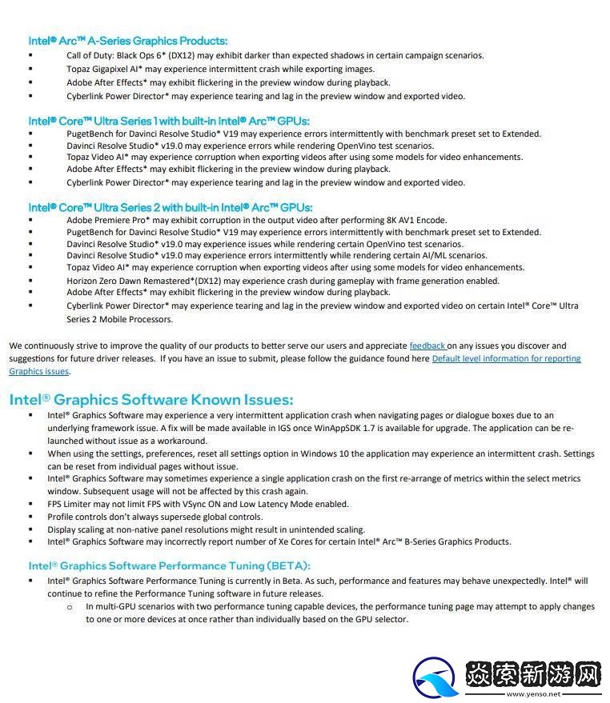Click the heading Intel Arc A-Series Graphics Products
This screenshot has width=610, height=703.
(x=128, y=41)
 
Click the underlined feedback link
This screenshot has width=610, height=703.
(x=427, y=346)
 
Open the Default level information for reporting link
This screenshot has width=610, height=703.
(x=506, y=359)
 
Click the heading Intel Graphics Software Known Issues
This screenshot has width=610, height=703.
(x=151, y=399)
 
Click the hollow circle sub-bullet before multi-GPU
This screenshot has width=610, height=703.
(x=70, y=607)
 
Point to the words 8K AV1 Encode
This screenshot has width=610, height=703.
(x=413, y=220)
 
